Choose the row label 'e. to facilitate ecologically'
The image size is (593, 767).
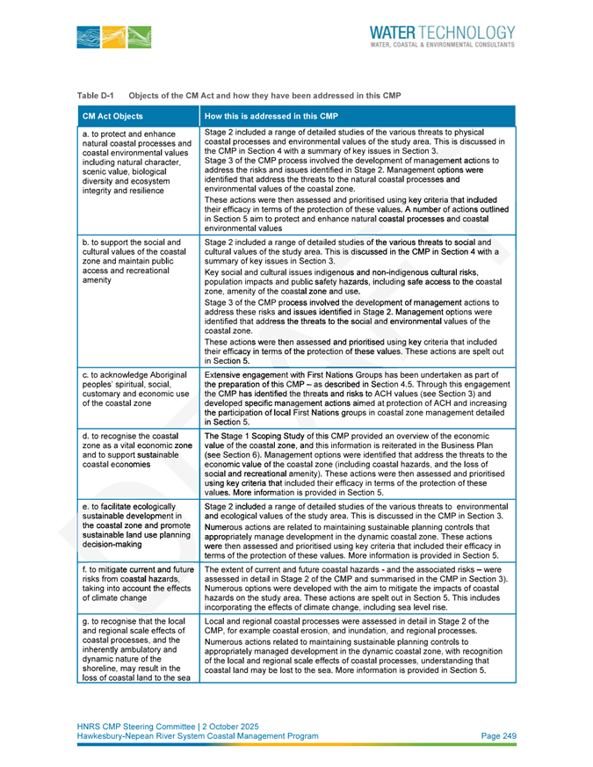(136, 525)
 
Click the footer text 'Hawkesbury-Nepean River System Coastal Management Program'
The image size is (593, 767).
(198, 736)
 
